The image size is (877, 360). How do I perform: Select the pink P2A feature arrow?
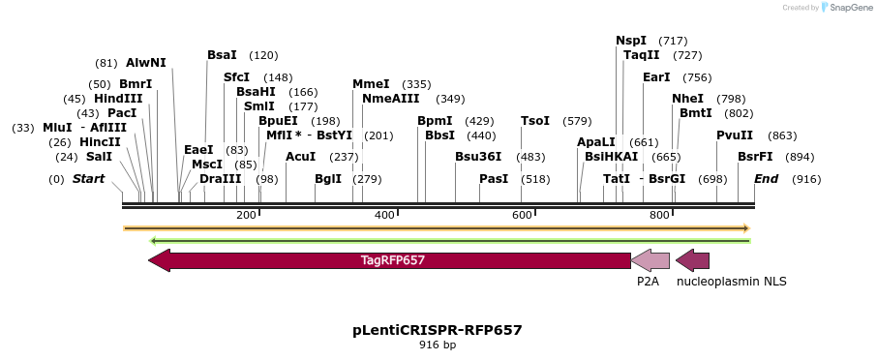click(x=650, y=260)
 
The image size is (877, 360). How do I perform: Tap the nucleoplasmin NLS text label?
click(x=731, y=282)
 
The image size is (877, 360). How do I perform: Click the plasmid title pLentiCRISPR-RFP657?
click(x=438, y=330)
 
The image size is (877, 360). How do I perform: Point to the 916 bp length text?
click(x=438, y=345)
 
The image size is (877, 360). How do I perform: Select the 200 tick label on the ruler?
click(x=246, y=215)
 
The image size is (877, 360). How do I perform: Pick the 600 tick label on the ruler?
click(x=523, y=215)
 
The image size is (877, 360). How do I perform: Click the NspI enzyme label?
click(x=631, y=41)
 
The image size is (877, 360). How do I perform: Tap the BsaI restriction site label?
click(x=222, y=55)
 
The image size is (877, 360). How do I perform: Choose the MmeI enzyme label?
click(x=371, y=84)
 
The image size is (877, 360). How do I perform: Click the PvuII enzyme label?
click(x=734, y=135)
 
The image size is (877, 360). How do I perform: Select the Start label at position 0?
click(x=88, y=179)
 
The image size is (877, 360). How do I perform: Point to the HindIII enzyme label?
click(x=118, y=99)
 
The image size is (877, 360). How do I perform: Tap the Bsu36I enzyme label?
click(x=479, y=157)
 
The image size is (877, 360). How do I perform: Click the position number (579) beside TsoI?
click(x=577, y=121)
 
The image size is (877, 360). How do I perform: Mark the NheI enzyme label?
click(x=687, y=99)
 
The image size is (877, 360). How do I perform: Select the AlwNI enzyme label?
click(x=146, y=63)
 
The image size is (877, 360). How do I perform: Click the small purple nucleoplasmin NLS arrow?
click(x=692, y=260)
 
